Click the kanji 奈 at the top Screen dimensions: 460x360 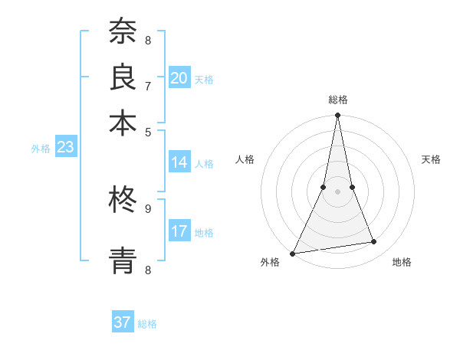click(x=123, y=33)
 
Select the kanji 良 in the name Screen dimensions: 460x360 click(x=123, y=77)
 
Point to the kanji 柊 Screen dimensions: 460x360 click(x=123, y=200)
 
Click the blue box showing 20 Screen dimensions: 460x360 click(x=179, y=77)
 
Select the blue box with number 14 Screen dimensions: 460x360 click(x=179, y=162)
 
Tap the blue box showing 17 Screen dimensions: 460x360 click(x=179, y=231)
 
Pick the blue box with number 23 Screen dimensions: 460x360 click(x=65, y=147)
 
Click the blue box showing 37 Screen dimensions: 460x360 click(x=123, y=322)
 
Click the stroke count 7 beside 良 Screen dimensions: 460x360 click(x=148, y=86)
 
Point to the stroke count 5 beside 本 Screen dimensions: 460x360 click(x=148, y=131)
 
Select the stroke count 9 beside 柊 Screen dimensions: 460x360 click(x=148, y=208)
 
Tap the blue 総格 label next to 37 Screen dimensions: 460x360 click(x=147, y=324)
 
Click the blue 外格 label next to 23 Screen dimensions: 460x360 click(x=41, y=149)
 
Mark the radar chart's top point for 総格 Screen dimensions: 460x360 click(x=337, y=116)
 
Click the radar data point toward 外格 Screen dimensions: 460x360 click(x=293, y=253)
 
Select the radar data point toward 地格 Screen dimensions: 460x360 click(x=374, y=242)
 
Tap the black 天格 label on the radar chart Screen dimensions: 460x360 click(x=431, y=159)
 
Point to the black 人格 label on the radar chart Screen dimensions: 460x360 click(x=245, y=159)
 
